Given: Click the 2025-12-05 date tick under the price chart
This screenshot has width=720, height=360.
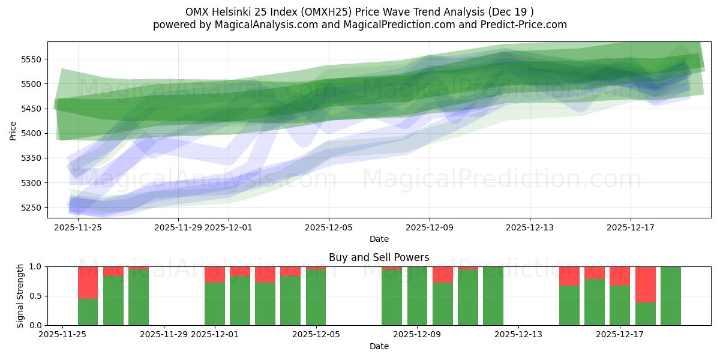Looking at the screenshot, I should click(x=329, y=227).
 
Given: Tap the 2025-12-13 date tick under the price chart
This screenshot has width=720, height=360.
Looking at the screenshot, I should click(x=530, y=227).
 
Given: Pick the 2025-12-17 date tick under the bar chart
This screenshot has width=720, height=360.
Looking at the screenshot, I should click(x=619, y=335).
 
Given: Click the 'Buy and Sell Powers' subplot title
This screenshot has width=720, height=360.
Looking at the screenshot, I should click(x=379, y=257).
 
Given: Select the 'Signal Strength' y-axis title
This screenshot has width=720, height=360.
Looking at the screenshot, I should click(x=20, y=296).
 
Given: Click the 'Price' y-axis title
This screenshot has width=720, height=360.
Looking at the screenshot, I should click(x=13, y=130).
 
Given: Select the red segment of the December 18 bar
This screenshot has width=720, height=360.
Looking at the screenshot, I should click(x=646, y=284).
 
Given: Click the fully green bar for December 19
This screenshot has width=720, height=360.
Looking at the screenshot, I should click(x=671, y=296).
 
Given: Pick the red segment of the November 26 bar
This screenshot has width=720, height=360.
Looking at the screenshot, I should click(x=88, y=282).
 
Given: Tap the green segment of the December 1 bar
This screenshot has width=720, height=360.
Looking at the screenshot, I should click(x=215, y=304).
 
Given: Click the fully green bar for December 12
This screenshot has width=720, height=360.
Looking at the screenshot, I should click(x=493, y=296).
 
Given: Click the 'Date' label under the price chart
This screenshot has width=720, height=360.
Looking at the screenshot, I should click(x=379, y=239).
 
